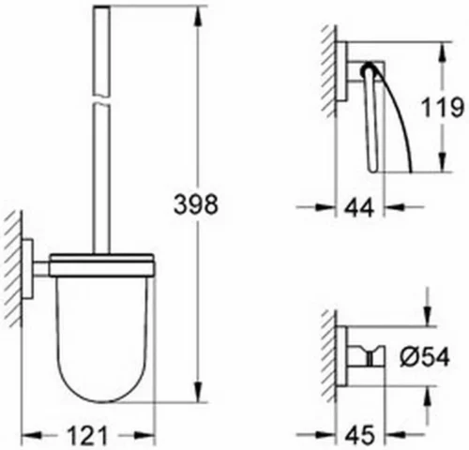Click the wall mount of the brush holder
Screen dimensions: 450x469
[x=32, y=272]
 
